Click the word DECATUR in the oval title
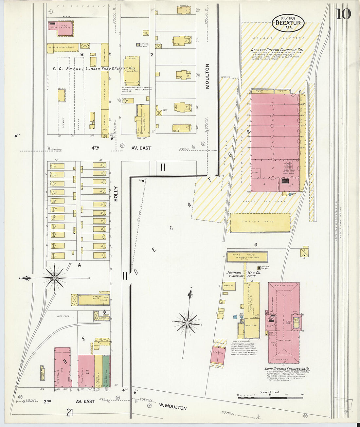tap(288, 23)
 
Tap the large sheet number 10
tap(343, 14)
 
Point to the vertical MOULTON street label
tap(207, 76)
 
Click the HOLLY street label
tap(116, 194)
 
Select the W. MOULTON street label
tap(173, 406)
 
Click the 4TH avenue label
tap(95, 148)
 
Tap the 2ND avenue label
tap(48, 401)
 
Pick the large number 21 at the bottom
tap(69, 413)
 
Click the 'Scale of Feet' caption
tap(270, 392)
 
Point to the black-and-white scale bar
tap(270, 398)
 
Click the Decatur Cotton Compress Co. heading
tap(277, 50)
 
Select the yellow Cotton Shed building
tap(260, 222)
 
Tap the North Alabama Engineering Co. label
tap(287, 369)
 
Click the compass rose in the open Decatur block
tap(187, 322)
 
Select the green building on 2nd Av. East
tap(106, 371)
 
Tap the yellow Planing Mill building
tap(132, 71)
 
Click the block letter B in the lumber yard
tap(82, 54)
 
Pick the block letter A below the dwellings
tap(79, 265)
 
